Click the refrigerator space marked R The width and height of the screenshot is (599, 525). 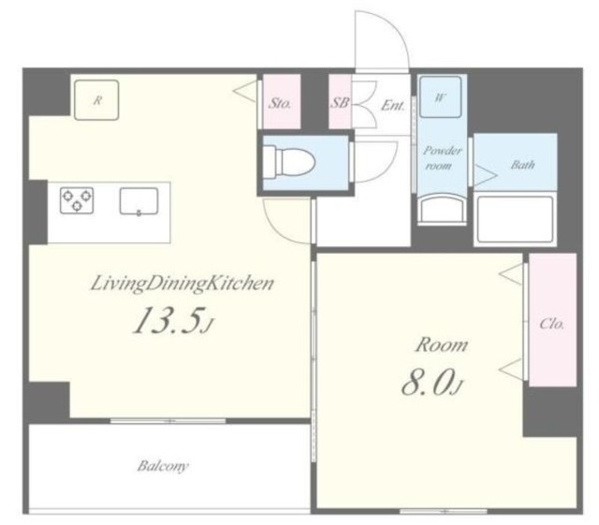point(96,100)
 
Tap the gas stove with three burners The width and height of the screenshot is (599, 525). point(77,200)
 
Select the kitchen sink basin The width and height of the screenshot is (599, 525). point(139,201)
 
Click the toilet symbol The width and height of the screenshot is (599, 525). point(289,162)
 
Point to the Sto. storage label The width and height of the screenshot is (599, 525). point(280,103)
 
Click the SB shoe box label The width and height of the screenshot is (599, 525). point(339,102)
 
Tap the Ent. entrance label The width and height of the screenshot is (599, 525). point(392,105)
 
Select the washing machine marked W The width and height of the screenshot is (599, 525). point(440,97)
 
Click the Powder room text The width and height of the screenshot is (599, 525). point(442,158)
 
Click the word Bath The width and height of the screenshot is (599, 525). point(522,165)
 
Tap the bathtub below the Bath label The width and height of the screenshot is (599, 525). point(515,219)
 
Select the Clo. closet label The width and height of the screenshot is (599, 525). point(551,324)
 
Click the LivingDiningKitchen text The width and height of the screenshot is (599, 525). point(183,284)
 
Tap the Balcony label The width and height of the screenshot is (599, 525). point(163,466)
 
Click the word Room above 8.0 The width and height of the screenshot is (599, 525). point(442,344)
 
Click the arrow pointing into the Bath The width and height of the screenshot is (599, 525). point(485,175)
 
